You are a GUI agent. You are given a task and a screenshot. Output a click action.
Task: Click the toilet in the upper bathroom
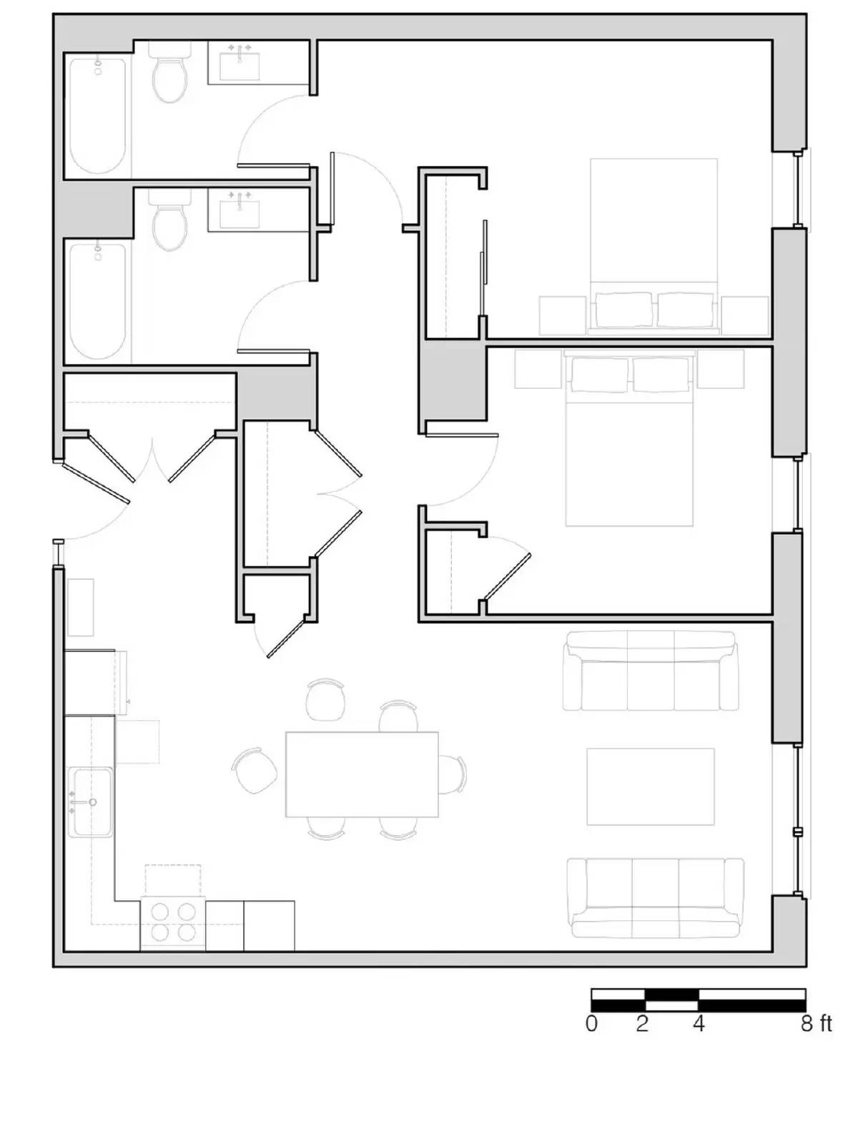click(x=170, y=74)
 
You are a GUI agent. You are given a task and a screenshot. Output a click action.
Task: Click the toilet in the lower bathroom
click(x=170, y=223)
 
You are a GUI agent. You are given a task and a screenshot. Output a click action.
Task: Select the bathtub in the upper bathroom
click(x=98, y=116)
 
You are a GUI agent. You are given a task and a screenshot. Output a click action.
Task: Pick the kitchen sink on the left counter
click(x=91, y=802)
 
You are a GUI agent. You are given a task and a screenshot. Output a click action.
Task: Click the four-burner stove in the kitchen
click(x=173, y=923)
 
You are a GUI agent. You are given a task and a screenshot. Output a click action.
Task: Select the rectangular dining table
click(x=362, y=774)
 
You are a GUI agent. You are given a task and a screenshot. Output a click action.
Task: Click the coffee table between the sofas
click(x=650, y=786)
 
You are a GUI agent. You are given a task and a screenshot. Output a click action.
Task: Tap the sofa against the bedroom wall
click(x=649, y=672)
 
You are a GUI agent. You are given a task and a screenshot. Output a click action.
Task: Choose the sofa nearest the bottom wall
click(x=655, y=898)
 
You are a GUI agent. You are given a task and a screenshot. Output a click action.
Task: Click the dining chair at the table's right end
click(x=453, y=774)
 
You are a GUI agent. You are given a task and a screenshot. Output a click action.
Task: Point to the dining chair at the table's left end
click(x=256, y=771)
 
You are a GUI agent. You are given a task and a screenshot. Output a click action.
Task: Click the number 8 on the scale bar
click(x=807, y=1024)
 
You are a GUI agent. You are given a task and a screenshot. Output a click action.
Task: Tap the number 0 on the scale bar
click(x=591, y=1024)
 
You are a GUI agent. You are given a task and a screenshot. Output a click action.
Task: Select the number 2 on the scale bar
click(x=642, y=1024)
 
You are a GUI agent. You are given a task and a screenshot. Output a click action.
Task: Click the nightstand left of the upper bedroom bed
click(x=562, y=315)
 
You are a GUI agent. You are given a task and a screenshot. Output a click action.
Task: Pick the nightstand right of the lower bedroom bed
click(x=721, y=369)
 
